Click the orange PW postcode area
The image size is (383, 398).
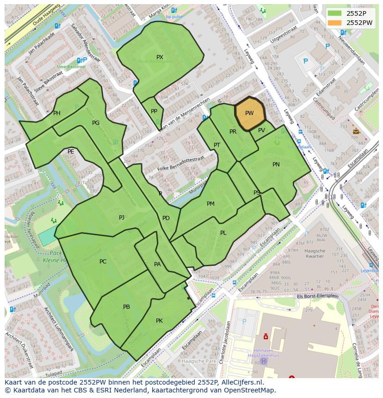click(250, 113)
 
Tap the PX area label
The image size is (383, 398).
click(160, 57)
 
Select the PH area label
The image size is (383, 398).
click(56, 113)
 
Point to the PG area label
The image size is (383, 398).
click(96, 123)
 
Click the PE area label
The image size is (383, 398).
click(71, 151)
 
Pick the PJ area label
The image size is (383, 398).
click(122, 217)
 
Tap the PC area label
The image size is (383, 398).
click(103, 262)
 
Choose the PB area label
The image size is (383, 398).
click(126, 307)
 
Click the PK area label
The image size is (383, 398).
click(159, 320)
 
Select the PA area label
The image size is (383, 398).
click(157, 264)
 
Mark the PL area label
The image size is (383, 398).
click(223, 233)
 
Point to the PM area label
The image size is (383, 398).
click(210, 204)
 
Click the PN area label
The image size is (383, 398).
click(276, 165)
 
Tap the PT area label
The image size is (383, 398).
click(217, 145)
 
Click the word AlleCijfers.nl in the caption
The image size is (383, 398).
click(241, 382)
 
